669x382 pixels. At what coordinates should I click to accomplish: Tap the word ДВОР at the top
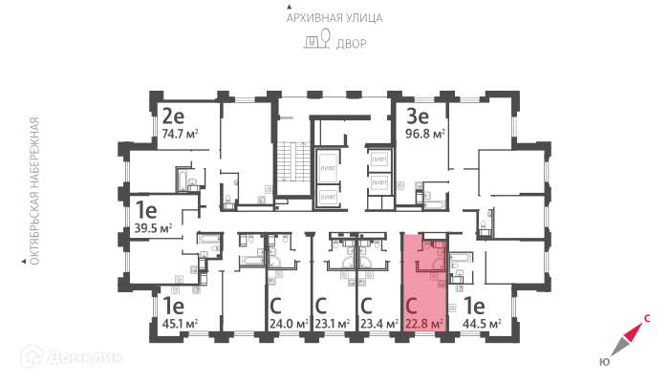(x=350, y=43)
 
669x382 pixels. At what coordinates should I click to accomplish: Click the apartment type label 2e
(x=173, y=117)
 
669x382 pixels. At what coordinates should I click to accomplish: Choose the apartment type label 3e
(x=418, y=117)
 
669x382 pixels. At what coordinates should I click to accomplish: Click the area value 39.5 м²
(x=153, y=228)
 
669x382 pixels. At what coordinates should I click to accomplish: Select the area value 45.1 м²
(x=179, y=324)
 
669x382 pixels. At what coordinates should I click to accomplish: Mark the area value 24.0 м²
(x=288, y=324)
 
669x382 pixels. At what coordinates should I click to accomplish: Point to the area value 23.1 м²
(x=334, y=324)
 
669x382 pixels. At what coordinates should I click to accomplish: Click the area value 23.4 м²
(x=379, y=324)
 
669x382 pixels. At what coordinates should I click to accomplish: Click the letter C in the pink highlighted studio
(x=412, y=307)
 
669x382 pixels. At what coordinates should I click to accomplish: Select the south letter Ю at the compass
(x=605, y=361)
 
